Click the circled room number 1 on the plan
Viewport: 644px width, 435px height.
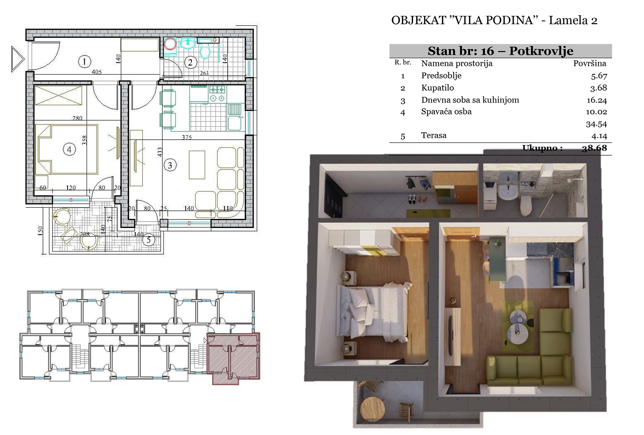(84, 61)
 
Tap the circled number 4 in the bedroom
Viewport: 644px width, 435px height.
(69, 149)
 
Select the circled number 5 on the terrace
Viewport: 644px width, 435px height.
(149, 240)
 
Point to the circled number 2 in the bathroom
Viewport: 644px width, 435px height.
(191, 62)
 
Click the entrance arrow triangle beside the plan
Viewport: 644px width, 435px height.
(17, 59)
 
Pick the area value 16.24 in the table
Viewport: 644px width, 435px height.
(597, 100)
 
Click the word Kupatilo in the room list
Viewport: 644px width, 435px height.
(437, 88)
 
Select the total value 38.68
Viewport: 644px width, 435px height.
(594, 148)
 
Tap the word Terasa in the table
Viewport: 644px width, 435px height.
(434, 135)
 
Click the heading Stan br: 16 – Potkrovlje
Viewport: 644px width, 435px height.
(500, 51)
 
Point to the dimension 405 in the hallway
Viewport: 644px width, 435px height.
(97, 72)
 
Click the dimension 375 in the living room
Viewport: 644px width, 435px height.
(187, 137)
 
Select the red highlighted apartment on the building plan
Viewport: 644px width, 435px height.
(233, 357)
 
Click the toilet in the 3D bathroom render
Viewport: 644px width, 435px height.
(525, 205)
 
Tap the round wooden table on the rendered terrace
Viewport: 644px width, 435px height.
(372, 408)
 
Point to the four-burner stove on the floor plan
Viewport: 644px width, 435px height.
(217, 94)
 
